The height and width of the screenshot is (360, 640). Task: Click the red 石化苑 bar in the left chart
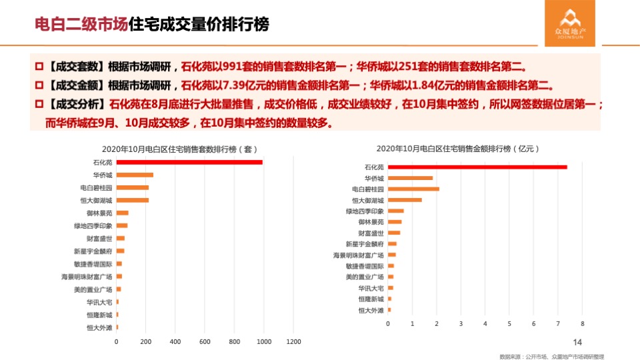pyautogui.click(x=189, y=162)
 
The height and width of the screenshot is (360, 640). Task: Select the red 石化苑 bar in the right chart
pyautogui.click(x=477, y=167)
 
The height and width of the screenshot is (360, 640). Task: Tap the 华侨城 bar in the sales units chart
pyautogui.click(x=135, y=175)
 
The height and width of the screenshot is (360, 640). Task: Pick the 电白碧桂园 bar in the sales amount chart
pyautogui.click(x=413, y=189)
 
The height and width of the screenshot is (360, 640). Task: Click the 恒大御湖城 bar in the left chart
pyautogui.click(x=133, y=200)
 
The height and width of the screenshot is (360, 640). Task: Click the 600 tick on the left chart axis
pyautogui.click(x=205, y=342)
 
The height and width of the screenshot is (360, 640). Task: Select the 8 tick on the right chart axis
pyautogui.click(x=582, y=324)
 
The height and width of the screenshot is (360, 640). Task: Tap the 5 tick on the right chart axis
pyautogui.click(x=509, y=324)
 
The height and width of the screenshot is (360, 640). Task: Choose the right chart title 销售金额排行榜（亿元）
pyautogui.click(x=457, y=148)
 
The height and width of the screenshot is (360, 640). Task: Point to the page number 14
pyautogui.click(x=577, y=342)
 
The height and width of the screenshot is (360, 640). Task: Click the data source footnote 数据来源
pyautogui.click(x=551, y=356)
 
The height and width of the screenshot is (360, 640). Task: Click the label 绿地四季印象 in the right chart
pyautogui.click(x=365, y=211)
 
